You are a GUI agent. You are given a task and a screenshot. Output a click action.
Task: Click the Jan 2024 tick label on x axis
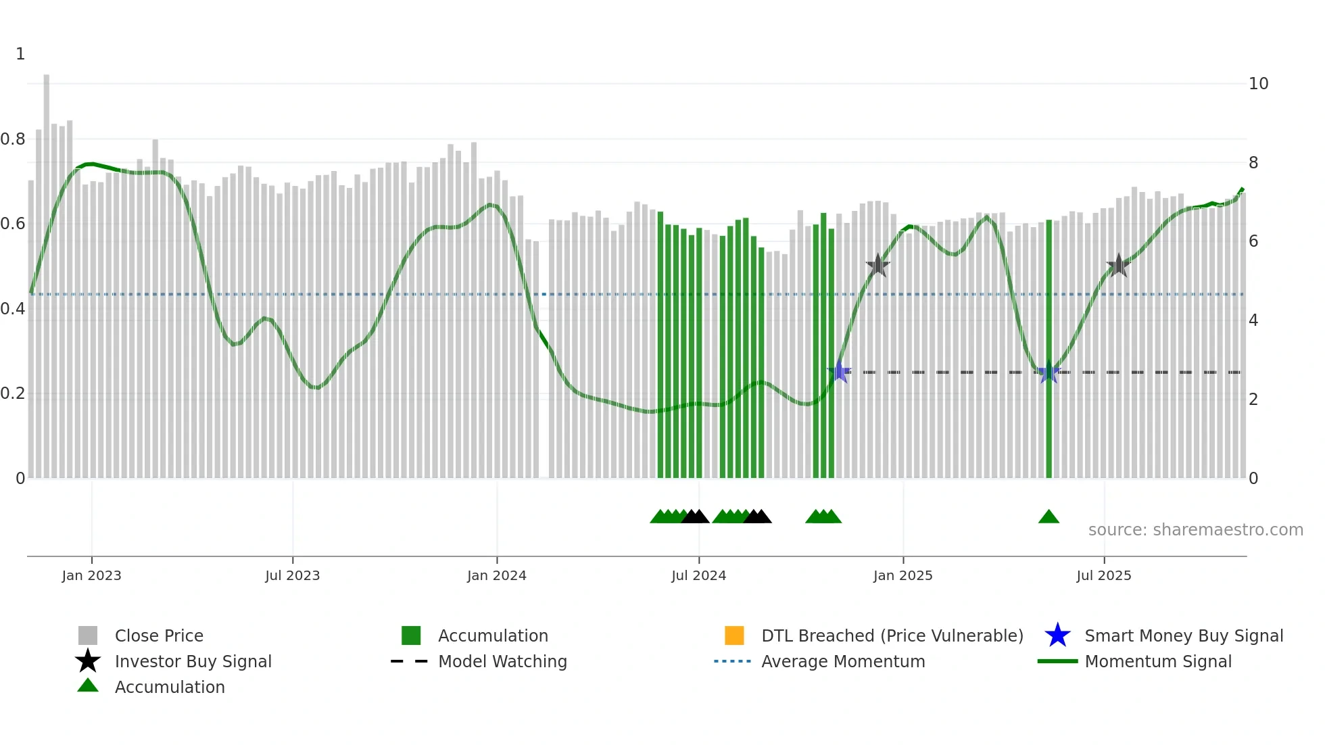(x=496, y=575)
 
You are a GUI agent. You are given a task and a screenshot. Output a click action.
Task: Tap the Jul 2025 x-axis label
(x=1103, y=575)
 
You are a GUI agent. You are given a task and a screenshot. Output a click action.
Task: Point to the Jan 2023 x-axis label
(x=91, y=575)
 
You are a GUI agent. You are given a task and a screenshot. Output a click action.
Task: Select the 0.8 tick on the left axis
(x=13, y=139)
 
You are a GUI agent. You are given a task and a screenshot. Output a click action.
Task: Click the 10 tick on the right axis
(x=1258, y=84)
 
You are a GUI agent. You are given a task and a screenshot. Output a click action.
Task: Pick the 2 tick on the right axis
(x=1253, y=400)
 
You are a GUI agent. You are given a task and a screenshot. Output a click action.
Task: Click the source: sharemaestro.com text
(x=1195, y=530)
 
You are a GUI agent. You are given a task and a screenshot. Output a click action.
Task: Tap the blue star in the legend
(x=1057, y=635)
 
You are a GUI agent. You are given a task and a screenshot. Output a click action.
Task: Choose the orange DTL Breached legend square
(x=734, y=635)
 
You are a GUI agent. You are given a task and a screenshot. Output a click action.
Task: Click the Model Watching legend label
(x=502, y=661)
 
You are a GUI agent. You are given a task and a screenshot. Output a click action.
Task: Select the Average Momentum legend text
(x=843, y=661)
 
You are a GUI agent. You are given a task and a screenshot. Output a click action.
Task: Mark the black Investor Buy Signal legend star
(x=88, y=661)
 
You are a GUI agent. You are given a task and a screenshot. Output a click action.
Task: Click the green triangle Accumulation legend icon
(x=88, y=686)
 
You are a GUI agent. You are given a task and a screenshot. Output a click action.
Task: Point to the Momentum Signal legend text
(x=1158, y=661)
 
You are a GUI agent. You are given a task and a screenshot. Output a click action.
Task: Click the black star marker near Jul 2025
(x=1118, y=266)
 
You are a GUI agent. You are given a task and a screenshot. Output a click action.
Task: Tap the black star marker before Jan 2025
(x=877, y=266)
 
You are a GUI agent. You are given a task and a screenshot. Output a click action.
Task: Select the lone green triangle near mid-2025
(x=1049, y=517)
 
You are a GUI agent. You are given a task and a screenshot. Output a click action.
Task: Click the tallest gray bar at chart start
(x=47, y=270)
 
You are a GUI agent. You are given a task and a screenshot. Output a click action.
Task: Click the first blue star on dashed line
(x=839, y=372)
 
